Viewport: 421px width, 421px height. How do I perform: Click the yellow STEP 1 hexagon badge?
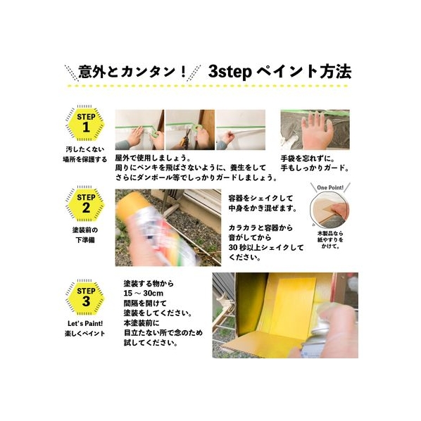pyautogui.click(x=86, y=124)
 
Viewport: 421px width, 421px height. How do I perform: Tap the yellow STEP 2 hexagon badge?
pyautogui.click(x=86, y=204)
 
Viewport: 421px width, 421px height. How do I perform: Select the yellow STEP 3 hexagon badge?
pyautogui.click(x=86, y=298)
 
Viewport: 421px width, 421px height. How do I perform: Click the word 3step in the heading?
pyautogui.click(x=230, y=72)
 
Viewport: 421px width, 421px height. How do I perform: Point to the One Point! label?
pyautogui.click(x=330, y=187)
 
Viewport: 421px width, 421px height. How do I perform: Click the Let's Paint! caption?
pyautogui.click(x=85, y=324)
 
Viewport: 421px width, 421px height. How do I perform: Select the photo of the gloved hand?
pyautogui.click(x=315, y=130)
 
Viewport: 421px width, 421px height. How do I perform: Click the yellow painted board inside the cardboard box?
pyautogui.click(x=293, y=306)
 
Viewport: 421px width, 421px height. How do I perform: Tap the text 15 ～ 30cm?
pyautogui.click(x=144, y=293)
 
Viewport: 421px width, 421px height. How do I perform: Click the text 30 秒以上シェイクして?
pyautogui.click(x=266, y=247)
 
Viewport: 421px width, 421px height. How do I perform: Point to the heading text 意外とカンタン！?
pyautogui.click(x=132, y=72)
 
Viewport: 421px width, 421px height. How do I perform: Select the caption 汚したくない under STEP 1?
pyautogui.click(x=85, y=149)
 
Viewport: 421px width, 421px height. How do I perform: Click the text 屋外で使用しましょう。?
pyautogui.click(x=153, y=158)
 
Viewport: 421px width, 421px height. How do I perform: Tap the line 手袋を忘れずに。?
pyautogui.click(x=308, y=158)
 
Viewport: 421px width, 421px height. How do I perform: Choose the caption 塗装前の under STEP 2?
pyautogui.click(x=85, y=230)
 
